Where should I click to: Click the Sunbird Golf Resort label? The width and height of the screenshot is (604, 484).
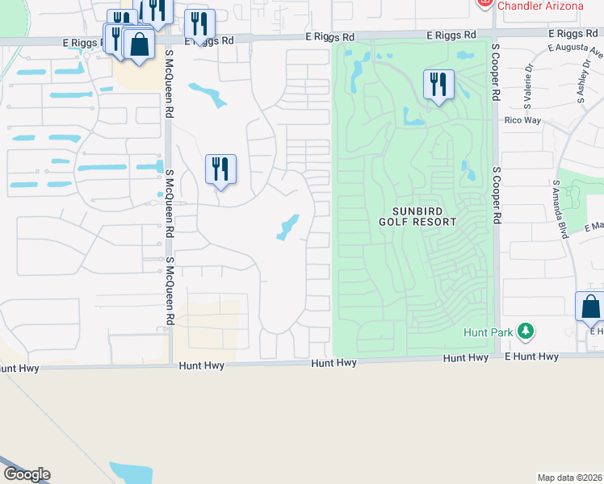[417, 215]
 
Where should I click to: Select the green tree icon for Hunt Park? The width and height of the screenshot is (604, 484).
[526, 331]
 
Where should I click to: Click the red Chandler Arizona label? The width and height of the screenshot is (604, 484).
[540, 6]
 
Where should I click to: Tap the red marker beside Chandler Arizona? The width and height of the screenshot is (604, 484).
[484, 4]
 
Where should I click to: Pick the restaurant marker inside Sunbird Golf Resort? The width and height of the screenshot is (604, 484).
[438, 84]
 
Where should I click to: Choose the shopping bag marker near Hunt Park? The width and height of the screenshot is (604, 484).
[590, 307]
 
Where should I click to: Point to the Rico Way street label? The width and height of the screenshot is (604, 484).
[522, 120]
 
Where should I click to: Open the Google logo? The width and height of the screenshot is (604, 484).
[27, 474]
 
